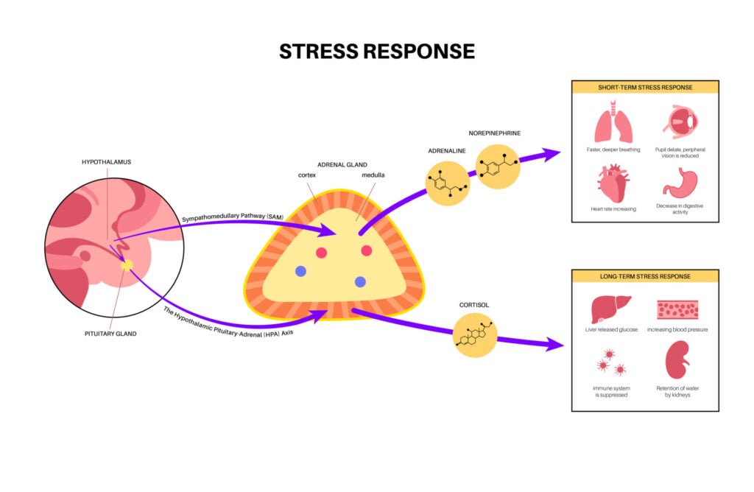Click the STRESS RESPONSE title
[x=377, y=51]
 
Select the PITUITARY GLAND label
[x=111, y=333]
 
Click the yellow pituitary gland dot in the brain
[x=127, y=264]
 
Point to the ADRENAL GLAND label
[x=341, y=164]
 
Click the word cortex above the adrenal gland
[x=307, y=175]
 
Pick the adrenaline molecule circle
[x=448, y=183]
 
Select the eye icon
[x=679, y=122]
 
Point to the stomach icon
[x=679, y=183]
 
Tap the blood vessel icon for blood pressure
[x=677, y=309]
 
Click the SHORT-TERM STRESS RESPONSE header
[x=645, y=87]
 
